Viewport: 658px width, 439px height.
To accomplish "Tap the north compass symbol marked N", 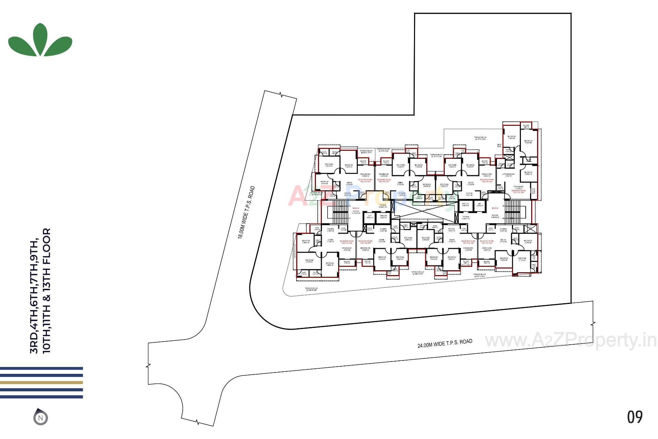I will pos(40,417).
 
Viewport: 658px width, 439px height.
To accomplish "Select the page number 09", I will pos(635,417).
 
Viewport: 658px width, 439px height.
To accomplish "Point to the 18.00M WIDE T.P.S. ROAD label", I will pos(246,212).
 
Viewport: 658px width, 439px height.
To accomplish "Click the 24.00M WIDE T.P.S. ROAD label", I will pos(444,343).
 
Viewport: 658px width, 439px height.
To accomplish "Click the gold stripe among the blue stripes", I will pos(41,382).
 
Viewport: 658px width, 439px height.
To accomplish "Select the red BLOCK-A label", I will pos(356,208).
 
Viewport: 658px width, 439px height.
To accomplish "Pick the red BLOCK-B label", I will pos(495,208).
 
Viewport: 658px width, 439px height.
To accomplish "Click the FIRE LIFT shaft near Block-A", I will pos(383,217).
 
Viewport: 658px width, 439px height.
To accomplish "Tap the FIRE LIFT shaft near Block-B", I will pos(465,205).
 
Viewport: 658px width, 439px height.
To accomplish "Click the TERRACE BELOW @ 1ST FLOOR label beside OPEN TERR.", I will pos(480,138).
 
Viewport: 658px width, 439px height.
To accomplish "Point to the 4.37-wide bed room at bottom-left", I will pos(309,261).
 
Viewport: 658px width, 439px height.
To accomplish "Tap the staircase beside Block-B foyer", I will pos(512,212).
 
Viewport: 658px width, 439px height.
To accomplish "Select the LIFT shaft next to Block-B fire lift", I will pos(479,205).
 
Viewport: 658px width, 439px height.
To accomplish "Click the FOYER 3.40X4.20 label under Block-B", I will pos(495,216).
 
